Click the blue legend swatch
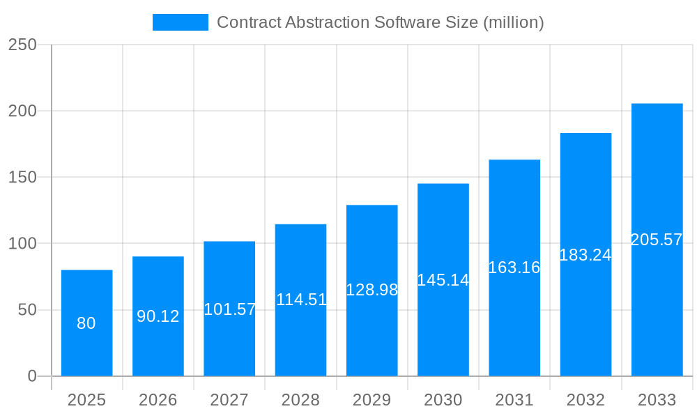[180, 22]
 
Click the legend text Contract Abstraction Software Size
[380, 22]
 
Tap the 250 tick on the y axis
[22, 45]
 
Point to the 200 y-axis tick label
[22, 111]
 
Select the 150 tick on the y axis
[22, 177]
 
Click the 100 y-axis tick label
[22, 244]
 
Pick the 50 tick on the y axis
[27, 310]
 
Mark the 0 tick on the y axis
[32, 376]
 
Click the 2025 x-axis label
[86, 400]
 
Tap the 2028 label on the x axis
[300, 400]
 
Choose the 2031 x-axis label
[514, 400]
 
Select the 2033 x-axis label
[657, 400]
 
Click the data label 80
[86, 323]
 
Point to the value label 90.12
[158, 316]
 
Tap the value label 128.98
[372, 290]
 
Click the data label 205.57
[657, 240]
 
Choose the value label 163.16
[514, 268]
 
